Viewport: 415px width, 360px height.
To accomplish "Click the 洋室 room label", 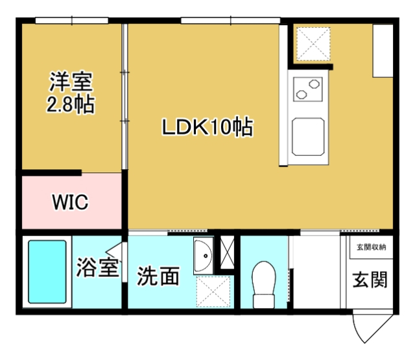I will tap(71, 82).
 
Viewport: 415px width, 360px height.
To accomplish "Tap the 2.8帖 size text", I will tap(71, 104).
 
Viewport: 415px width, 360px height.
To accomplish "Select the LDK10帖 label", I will tap(207, 128).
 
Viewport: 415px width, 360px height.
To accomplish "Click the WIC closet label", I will tap(70, 202).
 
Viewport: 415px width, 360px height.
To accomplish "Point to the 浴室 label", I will tap(97, 268).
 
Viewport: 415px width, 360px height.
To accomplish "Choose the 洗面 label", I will tap(158, 277).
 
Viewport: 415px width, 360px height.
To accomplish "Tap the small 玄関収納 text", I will tap(371, 246).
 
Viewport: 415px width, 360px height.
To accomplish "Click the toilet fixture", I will tap(265, 283).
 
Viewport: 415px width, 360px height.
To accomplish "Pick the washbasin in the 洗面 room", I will tap(203, 255).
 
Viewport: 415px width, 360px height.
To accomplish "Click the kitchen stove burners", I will tap(307, 89).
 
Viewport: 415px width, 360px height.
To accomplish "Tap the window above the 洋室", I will tap(71, 21).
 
